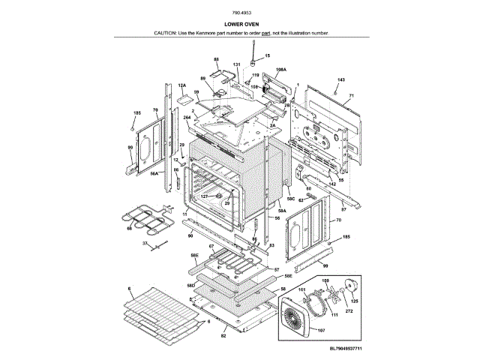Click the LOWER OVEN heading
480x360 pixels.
pyautogui.click(x=241, y=25)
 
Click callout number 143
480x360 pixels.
pyautogui.click(x=340, y=79)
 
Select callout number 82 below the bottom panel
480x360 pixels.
pyautogui.click(x=223, y=337)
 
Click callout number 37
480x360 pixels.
pyautogui.click(x=145, y=244)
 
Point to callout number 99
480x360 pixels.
pyautogui.click(x=325, y=266)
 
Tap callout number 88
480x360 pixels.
pyautogui.click(x=216, y=58)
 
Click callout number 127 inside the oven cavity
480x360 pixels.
pyautogui.click(x=204, y=196)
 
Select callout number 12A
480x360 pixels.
pyautogui.click(x=181, y=86)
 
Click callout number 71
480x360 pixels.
pyautogui.click(x=350, y=96)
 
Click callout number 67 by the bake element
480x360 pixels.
pyautogui.click(x=211, y=246)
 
